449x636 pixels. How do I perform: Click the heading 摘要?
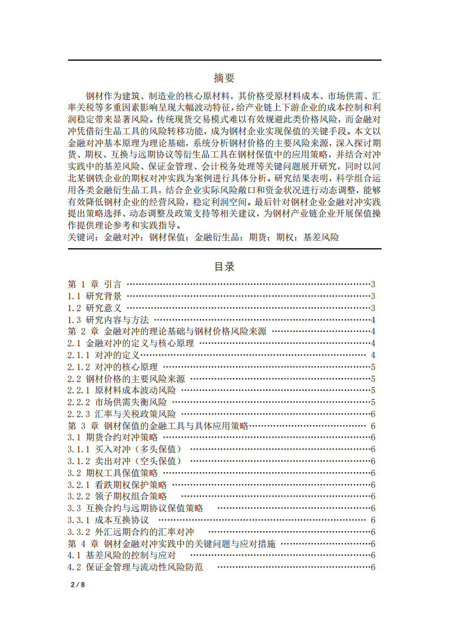pos(224,78)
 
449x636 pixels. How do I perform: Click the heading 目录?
pos(224,266)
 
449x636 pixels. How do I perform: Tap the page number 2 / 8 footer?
pos(77,584)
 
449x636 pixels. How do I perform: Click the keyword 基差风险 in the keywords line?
pos(321,238)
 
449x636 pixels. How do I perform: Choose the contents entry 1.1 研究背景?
pos(95,296)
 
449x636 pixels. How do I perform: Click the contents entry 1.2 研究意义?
pos(95,308)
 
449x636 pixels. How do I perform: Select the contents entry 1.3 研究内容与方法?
pos(108,320)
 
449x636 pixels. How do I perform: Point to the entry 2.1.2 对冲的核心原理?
pos(113,367)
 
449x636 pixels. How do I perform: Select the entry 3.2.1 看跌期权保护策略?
pos(117,485)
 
